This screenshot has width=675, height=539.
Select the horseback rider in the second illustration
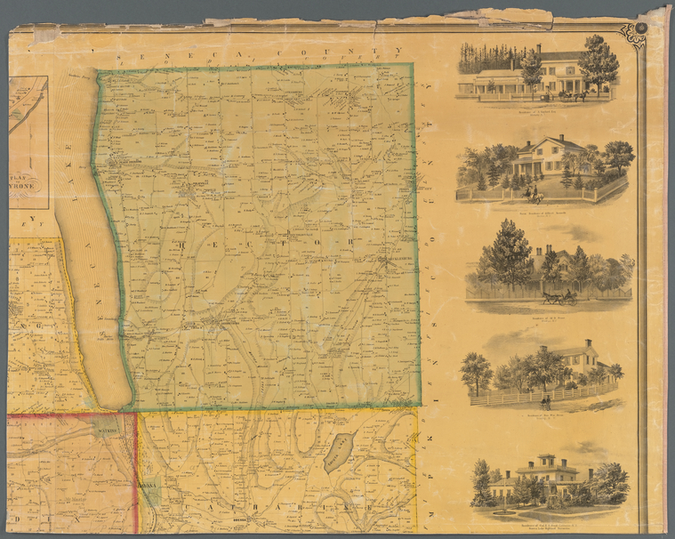[x=534, y=193]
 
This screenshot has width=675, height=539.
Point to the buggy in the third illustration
[x=562, y=298]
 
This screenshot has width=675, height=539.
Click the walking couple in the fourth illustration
[x=544, y=403]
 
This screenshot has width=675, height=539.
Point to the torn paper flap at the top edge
[x=498, y=16]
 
